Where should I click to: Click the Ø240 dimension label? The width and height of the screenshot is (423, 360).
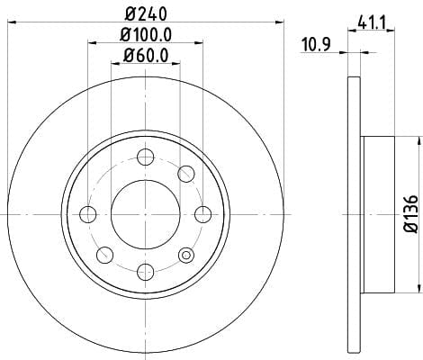[x=146, y=13]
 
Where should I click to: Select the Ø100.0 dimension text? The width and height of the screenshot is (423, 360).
[x=146, y=34]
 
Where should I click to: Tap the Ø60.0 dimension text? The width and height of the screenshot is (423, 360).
[x=146, y=55]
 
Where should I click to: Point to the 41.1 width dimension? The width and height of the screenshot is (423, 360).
[x=371, y=23]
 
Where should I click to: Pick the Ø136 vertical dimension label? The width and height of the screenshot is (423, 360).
[x=410, y=213]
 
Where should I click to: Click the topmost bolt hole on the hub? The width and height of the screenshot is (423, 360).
[x=146, y=157]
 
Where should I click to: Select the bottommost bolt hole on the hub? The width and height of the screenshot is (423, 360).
[x=146, y=272]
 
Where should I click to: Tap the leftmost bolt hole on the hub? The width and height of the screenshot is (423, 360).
[x=88, y=214]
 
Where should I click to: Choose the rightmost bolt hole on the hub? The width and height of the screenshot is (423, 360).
[x=203, y=214]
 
